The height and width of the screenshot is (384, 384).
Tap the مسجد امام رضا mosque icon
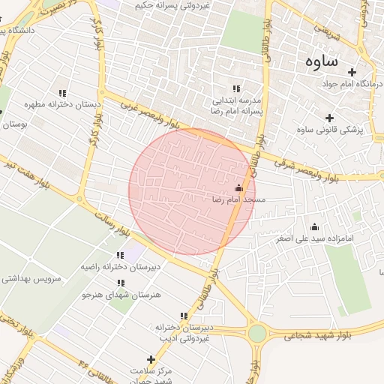[x=239, y=188]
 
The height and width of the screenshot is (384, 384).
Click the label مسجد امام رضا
[x=239, y=200]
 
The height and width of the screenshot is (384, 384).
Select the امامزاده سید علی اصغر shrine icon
[x=314, y=226]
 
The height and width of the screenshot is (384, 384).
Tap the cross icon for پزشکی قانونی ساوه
[x=329, y=118]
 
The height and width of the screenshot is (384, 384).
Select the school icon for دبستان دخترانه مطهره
[x=62, y=94]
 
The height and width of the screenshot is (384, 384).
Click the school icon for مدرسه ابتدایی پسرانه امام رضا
[x=237, y=88]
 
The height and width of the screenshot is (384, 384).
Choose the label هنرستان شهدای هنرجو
[x=121, y=295]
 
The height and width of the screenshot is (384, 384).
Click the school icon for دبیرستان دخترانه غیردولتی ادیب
[x=184, y=316]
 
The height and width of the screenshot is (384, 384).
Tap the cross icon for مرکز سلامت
[x=151, y=360]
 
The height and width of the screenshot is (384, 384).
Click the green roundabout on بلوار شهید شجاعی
[x=258, y=332]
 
